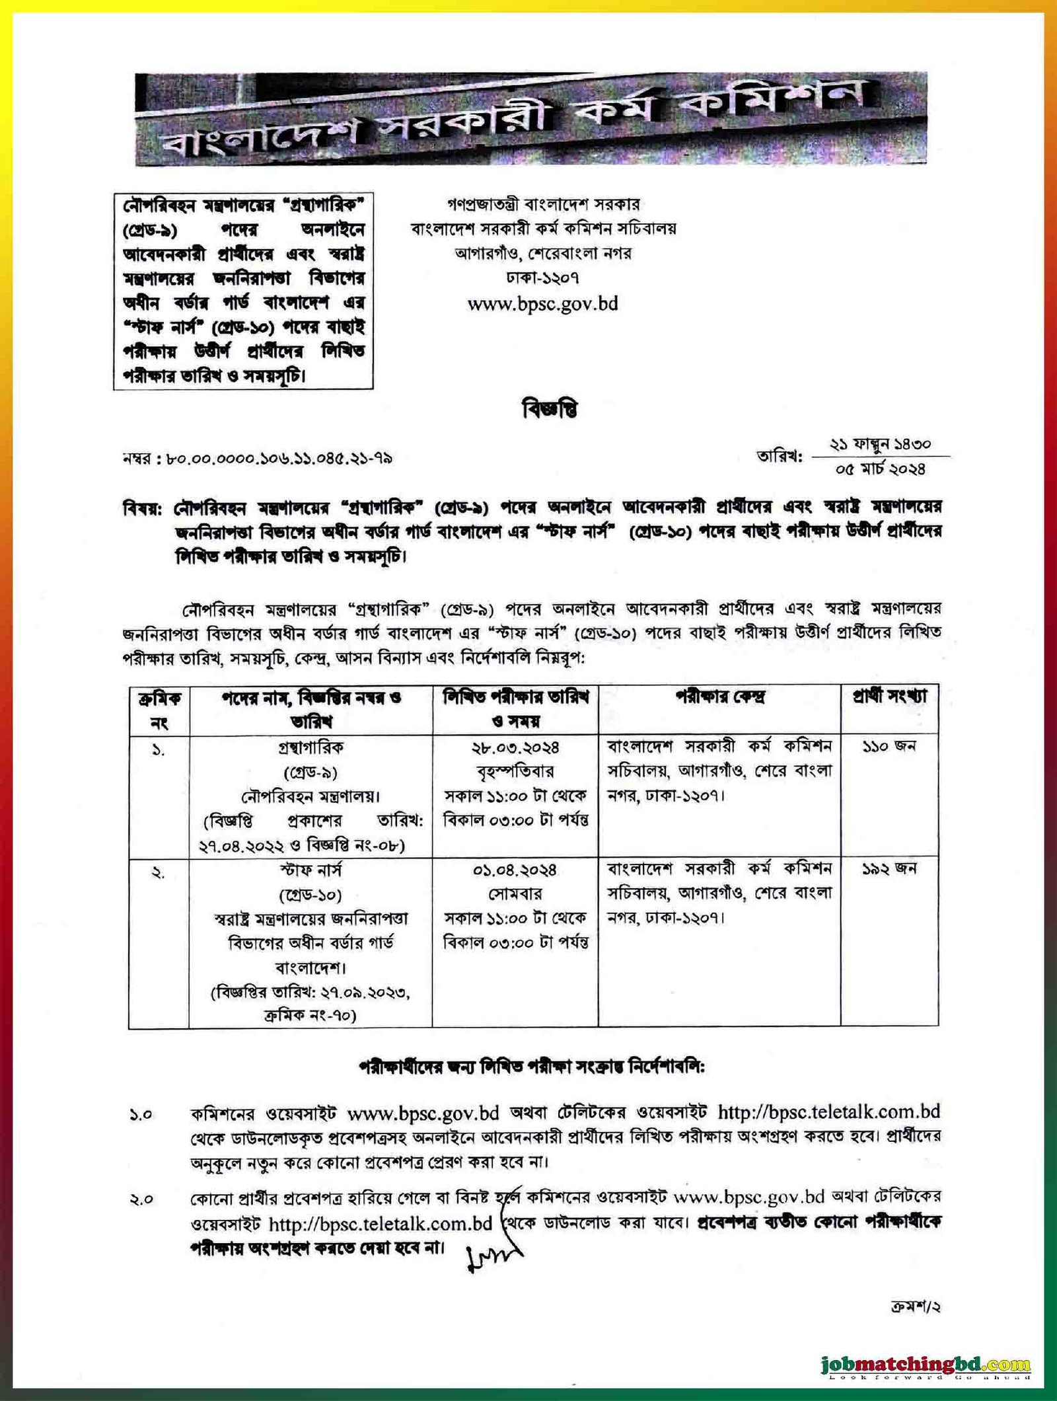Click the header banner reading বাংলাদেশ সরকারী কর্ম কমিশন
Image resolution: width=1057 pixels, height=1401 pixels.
pyautogui.click(x=530, y=119)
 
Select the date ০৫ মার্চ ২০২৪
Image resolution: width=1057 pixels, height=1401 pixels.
pyautogui.click(x=880, y=469)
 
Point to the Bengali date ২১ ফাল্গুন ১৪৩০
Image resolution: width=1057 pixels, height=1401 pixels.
pyautogui.click(x=880, y=444)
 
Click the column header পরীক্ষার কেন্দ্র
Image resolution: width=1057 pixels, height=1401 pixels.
pyautogui.click(x=719, y=697)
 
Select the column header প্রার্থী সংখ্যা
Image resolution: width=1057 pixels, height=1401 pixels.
pyautogui.click(x=889, y=697)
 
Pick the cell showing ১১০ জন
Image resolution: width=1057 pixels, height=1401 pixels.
pyautogui.click(x=889, y=747)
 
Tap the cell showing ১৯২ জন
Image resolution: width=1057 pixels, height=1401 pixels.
pyautogui.click(x=889, y=869)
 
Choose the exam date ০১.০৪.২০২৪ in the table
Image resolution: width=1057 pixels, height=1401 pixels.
pyautogui.click(x=515, y=870)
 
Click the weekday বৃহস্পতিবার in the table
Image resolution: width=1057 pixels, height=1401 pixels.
pyautogui.click(x=515, y=771)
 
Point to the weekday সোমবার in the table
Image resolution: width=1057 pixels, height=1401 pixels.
pyautogui.click(x=515, y=894)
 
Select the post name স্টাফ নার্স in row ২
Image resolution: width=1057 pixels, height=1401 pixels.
pyautogui.click(x=310, y=870)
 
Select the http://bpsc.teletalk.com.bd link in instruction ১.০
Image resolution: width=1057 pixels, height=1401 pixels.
pyautogui.click(x=828, y=1112)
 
